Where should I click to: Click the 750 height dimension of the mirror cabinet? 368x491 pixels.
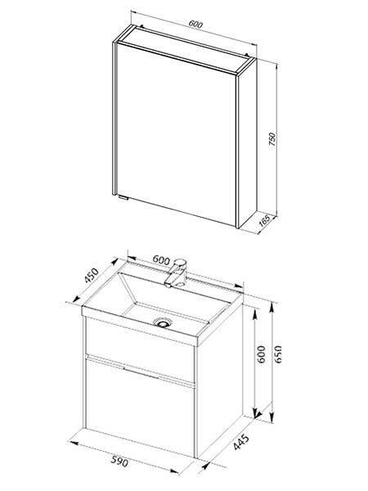[x=272, y=139]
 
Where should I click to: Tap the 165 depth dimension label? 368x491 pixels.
[x=265, y=222]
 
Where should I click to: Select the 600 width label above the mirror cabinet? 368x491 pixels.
[x=195, y=24]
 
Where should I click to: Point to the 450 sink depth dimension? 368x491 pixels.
[x=92, y=276]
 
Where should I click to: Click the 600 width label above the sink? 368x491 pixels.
[x=161, y=260]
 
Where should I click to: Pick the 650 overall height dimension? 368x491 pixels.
[x=278, y=354]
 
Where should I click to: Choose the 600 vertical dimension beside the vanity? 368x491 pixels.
[x=262, y=354]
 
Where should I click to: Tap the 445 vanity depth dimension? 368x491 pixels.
[x=241, y=442]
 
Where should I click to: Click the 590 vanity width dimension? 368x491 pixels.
[x=119, y=462]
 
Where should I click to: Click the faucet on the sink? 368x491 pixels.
[x=176, y=273]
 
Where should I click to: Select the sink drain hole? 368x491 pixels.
[x=162, y=322]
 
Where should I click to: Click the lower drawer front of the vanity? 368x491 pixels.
[x=140, y=408]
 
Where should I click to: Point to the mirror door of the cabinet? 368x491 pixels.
[x=176, y=133]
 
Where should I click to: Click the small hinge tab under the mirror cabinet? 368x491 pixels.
[x=122, y=197]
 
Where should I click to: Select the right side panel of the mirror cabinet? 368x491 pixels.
[x=248, y=142]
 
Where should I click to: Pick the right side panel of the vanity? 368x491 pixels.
[x=220, y=380]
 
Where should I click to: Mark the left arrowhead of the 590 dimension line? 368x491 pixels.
[x=74, y=443]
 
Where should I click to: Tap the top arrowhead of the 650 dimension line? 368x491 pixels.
[x=272, y=307]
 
